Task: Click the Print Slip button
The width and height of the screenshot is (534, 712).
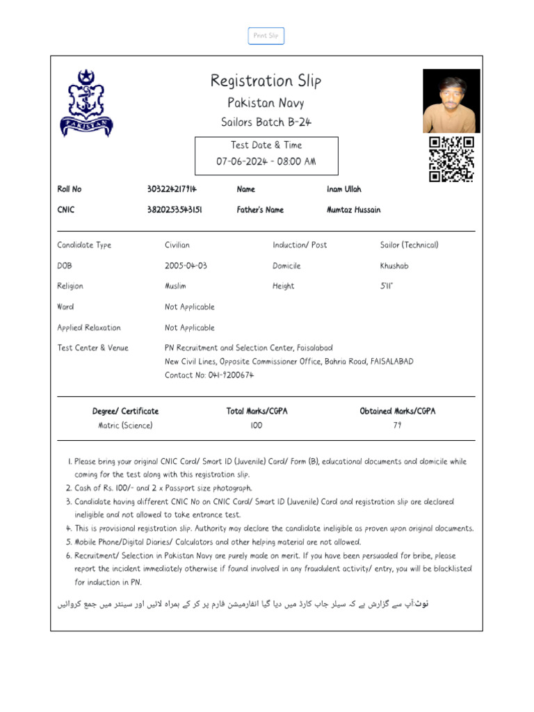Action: pos(266,35)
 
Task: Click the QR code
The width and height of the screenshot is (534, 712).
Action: pos(451,159)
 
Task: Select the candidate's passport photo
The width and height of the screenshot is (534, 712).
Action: pos(451,101)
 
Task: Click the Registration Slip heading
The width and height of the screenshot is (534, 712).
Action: pos(266,81)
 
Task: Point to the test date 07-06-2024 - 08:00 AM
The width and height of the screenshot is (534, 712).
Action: pos(266,161)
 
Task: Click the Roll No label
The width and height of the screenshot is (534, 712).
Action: pos(70,189)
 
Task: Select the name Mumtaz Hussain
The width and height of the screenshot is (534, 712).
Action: pos(353,210)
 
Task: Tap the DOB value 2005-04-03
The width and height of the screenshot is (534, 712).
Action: pos(186,266)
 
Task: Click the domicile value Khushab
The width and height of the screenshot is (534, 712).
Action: pos(394,266)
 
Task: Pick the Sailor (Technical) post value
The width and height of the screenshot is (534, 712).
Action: pos(409,245)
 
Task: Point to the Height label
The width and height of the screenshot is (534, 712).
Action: pos(283,286)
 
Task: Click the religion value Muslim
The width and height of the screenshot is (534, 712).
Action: pos(175,286)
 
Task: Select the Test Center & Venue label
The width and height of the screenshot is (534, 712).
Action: pos(92,348)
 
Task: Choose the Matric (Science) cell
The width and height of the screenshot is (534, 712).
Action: pos(125,426)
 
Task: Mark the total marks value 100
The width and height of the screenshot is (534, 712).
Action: pos(257,426)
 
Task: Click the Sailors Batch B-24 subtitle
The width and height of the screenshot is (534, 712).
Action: pos(266,122)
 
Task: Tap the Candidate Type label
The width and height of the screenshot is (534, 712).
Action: pos(84,245)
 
